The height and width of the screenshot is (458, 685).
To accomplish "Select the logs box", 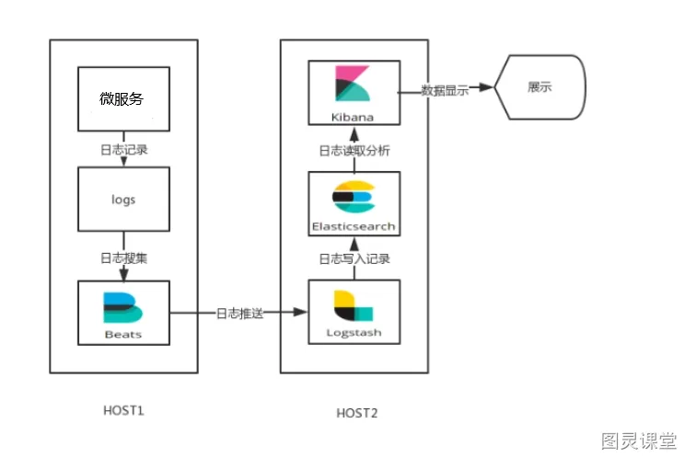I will pos(123,199).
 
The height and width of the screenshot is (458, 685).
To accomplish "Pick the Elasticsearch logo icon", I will pos(354,196).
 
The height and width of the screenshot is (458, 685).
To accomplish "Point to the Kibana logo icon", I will pos(353,85).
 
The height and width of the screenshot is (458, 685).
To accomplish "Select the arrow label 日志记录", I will pos(123,149).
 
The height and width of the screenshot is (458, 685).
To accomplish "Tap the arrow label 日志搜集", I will pos(123,258).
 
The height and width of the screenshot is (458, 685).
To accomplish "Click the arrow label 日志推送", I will pos(239,314).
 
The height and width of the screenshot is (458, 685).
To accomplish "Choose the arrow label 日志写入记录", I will pos(354,258).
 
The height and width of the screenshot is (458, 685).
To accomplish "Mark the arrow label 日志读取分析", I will pos(354,150).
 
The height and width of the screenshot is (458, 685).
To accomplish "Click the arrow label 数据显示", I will pos(445,90).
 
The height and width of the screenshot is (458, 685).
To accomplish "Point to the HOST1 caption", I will pos(123,408).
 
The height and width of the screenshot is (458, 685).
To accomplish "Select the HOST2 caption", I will pos(355,413).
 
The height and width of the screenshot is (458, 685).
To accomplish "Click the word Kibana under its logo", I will pos(354,117).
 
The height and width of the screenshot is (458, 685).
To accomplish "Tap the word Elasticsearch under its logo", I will pos(354,225).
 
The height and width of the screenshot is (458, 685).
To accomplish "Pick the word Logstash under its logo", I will pos(354,332).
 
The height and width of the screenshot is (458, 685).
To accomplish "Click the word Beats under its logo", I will pos(123,334).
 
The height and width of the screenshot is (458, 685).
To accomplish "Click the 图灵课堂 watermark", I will pos(639,440).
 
